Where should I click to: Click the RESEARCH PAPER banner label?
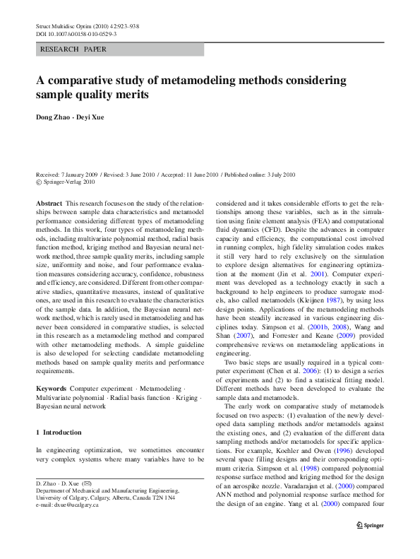(74, 50)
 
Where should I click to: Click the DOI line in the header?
(76, 34)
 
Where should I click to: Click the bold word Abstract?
(49, 202)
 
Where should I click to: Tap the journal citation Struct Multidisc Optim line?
(86, 26)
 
